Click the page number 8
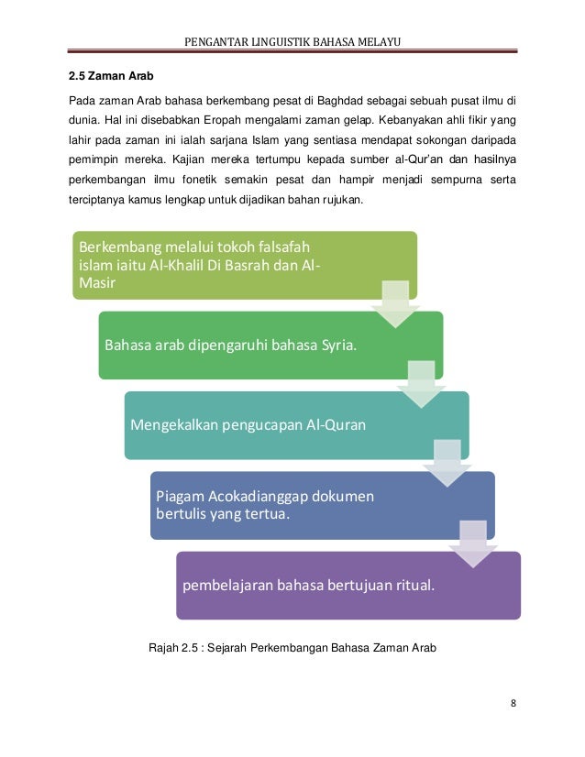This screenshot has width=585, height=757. click(513, 704)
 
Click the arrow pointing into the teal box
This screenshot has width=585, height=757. click(421, 384)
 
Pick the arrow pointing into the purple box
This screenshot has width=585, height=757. click(472, 543)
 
